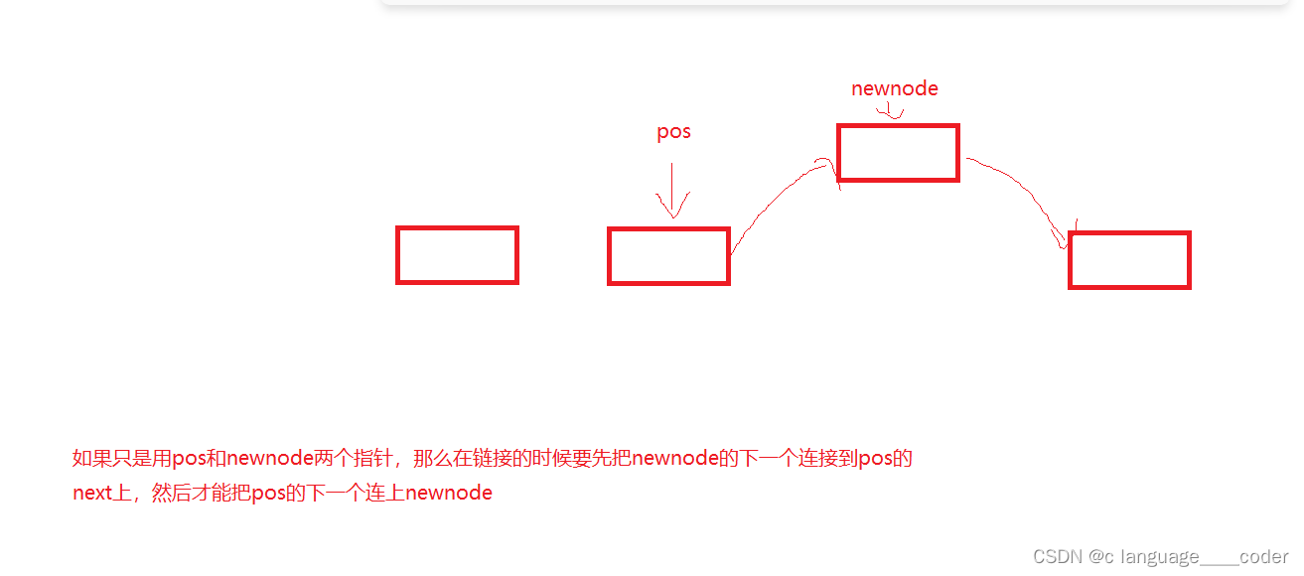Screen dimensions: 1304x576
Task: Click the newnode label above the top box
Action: click(894, 88)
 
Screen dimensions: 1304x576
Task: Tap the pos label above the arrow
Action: click(673, 132)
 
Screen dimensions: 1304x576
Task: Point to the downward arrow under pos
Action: click(672, 190)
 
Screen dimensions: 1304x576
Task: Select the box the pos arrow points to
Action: click(668, 256)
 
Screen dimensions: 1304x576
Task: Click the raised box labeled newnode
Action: click(898, 153)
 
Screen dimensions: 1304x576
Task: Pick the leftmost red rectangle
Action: click(457, 255)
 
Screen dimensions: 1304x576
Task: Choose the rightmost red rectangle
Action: click(1129, 260)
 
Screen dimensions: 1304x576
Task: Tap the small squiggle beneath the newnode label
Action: click(894, 112)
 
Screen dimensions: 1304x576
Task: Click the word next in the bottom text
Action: click(91, 493)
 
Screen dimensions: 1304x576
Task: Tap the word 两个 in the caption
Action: click(333, 459)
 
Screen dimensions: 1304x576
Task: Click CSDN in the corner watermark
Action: click(1057, 557)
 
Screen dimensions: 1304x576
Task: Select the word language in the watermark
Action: click(1159, 557)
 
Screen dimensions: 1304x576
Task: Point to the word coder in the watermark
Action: click(1264, 557)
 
